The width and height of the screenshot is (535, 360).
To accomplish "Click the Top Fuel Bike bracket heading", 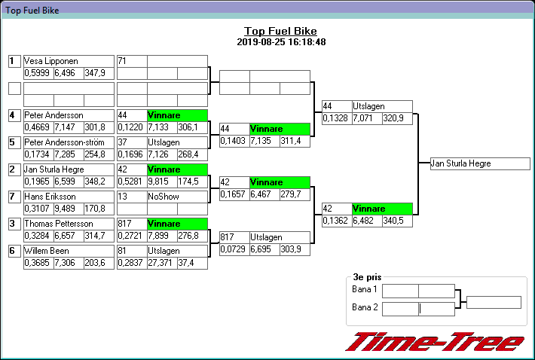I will (280, 31).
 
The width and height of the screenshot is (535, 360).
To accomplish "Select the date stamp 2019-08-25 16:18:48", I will (280, 42).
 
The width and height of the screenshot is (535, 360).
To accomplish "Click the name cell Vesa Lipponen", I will (69, 61).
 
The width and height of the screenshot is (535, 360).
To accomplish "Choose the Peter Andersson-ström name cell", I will (69, 142).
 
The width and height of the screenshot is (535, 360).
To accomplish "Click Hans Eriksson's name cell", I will (69, 197).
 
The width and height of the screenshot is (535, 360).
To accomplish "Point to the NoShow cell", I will (177, 197).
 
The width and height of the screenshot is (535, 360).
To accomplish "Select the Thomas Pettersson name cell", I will (69, 224).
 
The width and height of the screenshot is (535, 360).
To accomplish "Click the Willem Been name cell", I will (69, 251).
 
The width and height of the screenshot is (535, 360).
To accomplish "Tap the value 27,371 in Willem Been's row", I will (162, 262).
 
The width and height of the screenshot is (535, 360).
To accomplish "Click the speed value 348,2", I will (98, 182).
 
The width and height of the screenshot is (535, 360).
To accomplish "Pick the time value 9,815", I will (162, 182).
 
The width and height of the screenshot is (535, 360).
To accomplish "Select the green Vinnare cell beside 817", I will (177, 224).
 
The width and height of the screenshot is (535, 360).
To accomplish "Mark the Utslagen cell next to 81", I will (177, 251).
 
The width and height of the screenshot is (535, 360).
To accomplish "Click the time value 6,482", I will (367, 221).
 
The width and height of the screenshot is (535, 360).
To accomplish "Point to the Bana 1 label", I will (365, 290).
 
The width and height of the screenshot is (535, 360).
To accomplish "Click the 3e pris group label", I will (367, 277).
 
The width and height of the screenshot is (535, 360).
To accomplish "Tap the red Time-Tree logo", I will (434, 342).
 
